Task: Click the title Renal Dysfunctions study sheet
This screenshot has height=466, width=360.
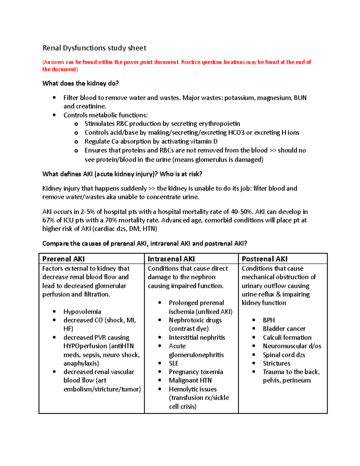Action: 94,48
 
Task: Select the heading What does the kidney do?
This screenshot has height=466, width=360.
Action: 80,83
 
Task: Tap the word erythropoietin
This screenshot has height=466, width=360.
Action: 219,124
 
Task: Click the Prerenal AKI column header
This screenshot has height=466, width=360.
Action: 64,259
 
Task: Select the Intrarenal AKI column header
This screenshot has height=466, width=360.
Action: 171,259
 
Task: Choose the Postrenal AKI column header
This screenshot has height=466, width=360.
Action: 265,259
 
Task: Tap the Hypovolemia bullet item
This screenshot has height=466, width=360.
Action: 82,312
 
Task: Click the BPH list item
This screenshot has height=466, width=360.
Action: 269,320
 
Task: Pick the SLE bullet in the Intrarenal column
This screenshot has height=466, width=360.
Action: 174,363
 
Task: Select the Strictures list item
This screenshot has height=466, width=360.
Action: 277,363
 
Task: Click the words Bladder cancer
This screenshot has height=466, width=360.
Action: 284,329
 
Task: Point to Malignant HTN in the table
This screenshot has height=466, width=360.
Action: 190,380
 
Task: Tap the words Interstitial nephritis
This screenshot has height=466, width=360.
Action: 197,338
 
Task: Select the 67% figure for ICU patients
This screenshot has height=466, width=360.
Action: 48,220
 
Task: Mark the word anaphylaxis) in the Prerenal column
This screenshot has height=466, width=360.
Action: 81,363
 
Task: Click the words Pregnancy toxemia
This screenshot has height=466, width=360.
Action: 196,372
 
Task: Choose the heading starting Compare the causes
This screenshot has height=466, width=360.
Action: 145,244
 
